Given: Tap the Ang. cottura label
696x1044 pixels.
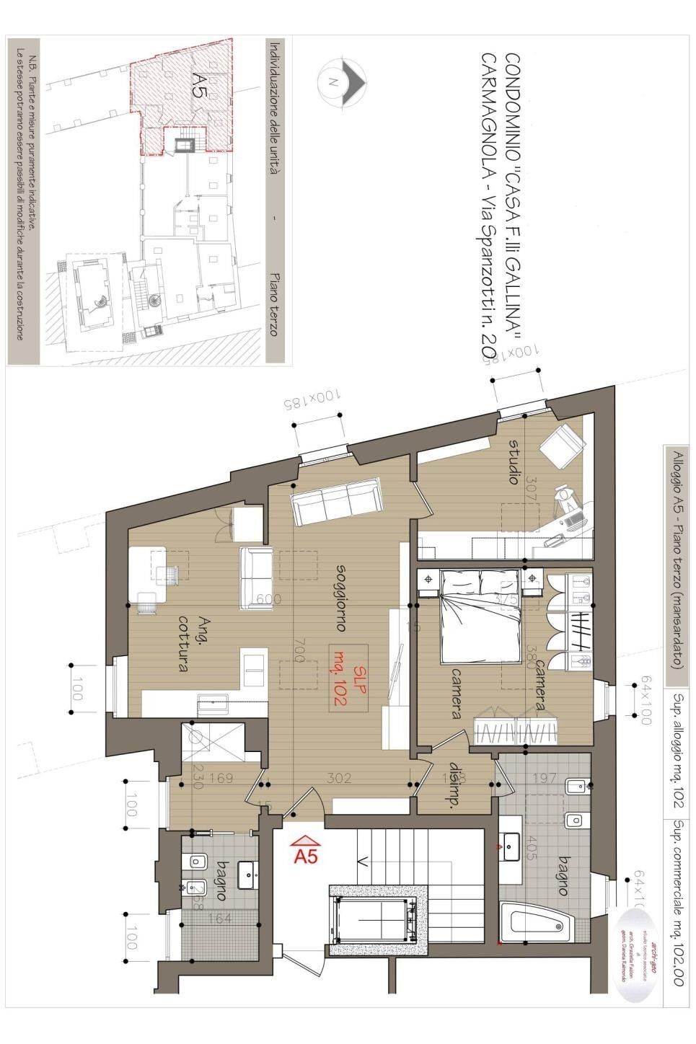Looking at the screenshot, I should coord(177,642).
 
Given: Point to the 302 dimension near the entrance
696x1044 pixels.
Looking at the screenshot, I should coord(338,778).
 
